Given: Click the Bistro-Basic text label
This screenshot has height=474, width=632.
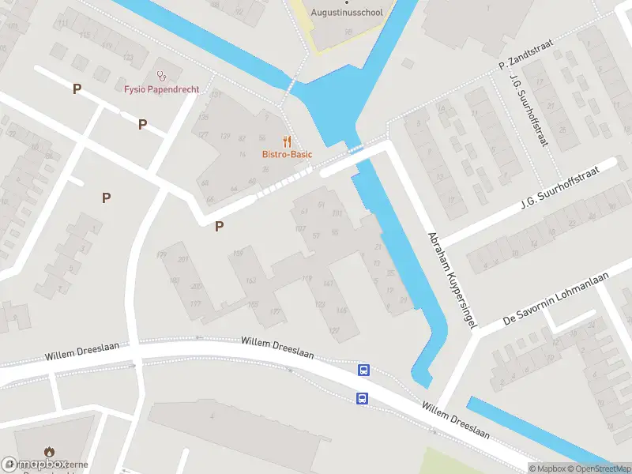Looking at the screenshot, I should tap(288, 154).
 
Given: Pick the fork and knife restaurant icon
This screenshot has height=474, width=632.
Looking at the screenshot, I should tap(288, 141).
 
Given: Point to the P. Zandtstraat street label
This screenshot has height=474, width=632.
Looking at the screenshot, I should tap(524, 55).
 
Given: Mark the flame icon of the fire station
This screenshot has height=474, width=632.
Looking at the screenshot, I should tap(50, 453).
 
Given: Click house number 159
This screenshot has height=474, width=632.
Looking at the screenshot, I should tap(238, 254).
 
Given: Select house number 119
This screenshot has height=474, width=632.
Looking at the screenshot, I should tap(307, 278).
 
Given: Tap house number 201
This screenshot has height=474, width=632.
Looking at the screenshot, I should tap(183, 260).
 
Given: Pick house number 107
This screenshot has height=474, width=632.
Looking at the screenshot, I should tap(299, 229).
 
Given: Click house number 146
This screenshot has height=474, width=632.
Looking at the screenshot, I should tap(341, 310).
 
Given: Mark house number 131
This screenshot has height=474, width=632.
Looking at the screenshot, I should tap(216, 95).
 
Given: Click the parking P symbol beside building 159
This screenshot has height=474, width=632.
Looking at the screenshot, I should tap(220, 227).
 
